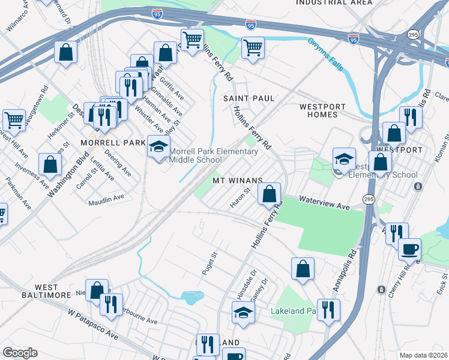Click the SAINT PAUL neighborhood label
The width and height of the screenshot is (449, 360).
pos(249,98)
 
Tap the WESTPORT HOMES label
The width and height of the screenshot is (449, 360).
pos(322,111)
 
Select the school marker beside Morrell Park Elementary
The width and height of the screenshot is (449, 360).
pos(158,148)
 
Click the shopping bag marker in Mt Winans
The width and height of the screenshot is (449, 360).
pos(270,193)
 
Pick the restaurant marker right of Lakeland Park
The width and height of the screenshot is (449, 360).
pos(328,310)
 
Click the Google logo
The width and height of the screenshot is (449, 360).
pos(20,353)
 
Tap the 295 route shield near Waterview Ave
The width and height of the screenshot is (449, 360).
pos(366,199)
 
